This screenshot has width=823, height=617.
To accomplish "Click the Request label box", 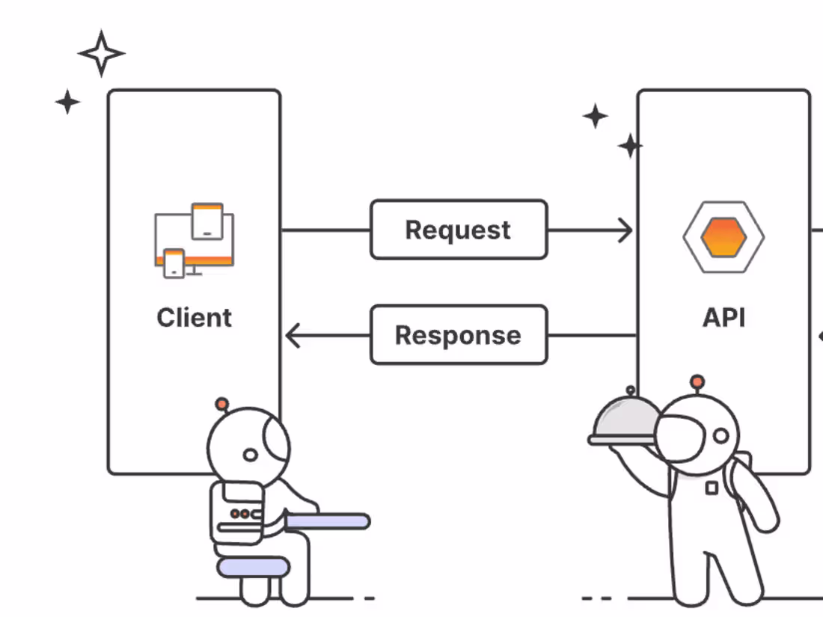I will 459,230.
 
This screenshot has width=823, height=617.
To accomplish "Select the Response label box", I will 459,335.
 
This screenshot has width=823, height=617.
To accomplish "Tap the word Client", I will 195,318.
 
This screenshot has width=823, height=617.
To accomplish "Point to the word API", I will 723,318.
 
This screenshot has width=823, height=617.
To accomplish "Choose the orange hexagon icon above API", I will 723,236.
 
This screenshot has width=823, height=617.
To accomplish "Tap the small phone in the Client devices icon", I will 174,263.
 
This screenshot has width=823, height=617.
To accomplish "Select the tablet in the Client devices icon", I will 207,221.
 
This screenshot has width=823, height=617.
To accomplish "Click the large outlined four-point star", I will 101,53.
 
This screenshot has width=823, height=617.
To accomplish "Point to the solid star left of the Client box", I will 67,102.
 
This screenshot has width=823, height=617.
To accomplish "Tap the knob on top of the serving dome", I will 631,390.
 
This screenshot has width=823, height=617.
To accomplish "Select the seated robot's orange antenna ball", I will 221,404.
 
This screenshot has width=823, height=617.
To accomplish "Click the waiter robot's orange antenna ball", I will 697,381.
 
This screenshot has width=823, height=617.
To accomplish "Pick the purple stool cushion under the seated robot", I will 252,566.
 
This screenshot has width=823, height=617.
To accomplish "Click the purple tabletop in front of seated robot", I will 328,521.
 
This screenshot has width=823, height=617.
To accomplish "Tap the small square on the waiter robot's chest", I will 712,488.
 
